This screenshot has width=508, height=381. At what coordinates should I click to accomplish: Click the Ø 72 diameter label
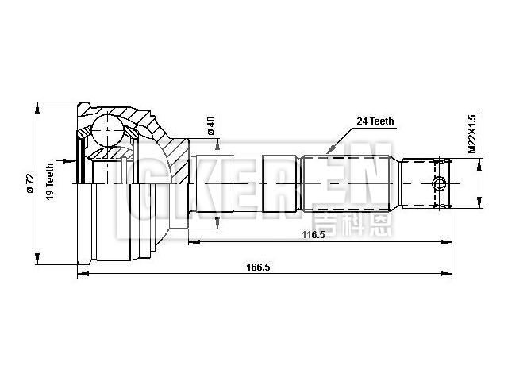[x=29, y=183]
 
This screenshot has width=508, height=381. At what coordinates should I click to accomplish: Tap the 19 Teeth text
[x=49, y=183]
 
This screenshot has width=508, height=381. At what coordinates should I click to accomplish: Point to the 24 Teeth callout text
[x=375, y=121]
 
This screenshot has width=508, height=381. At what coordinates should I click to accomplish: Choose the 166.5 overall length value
[x=259, y=267]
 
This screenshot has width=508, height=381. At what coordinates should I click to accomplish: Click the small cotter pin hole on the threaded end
[x=437, y=184]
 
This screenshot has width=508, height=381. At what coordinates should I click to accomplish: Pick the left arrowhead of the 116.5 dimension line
[x=192, y=241]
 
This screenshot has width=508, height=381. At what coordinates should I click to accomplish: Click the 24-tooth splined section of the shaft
[x=347, y=183]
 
